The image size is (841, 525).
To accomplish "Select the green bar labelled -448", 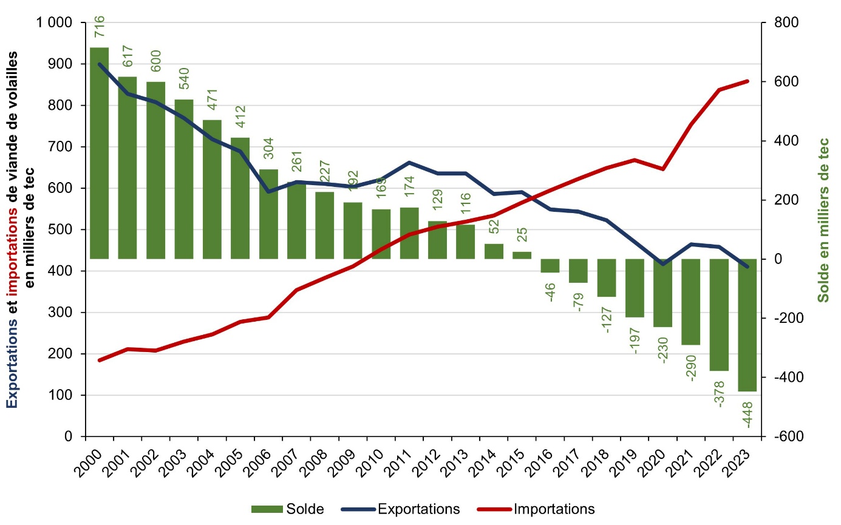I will tap(747, 325).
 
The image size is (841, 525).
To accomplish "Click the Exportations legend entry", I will tap(418, 509).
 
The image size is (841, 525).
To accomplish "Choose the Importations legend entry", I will tap(554, 509).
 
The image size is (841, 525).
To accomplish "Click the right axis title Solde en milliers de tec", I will tap(823, 220).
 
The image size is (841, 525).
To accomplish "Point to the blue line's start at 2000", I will tap(100, 64).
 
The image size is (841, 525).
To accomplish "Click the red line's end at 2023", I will tap(747, 81).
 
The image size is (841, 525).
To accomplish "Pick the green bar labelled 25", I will tap(522, 255).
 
